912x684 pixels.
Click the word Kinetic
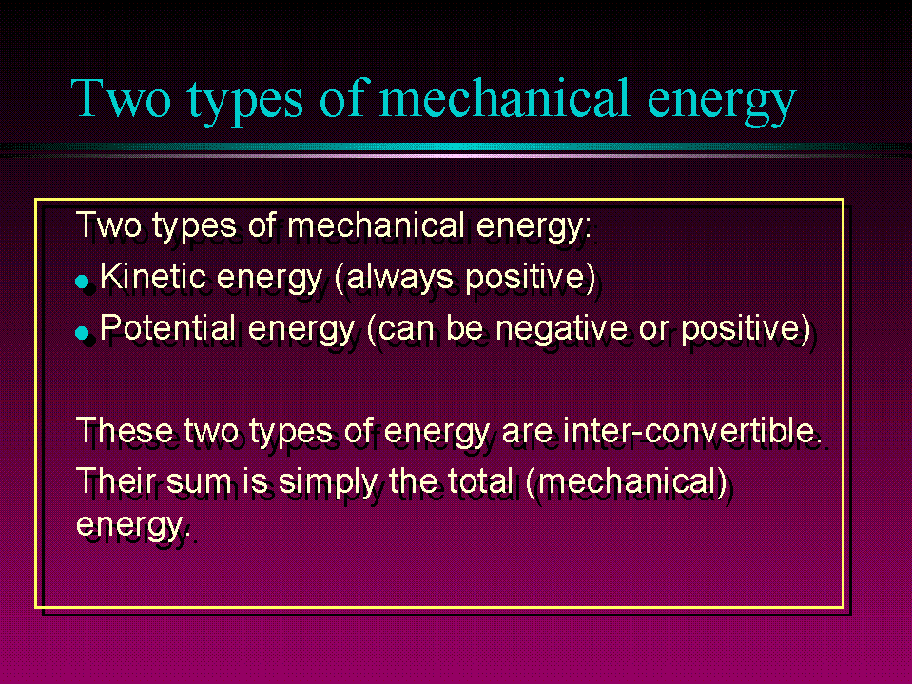[x=153, y=276]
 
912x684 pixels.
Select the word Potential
[x=167, y=327]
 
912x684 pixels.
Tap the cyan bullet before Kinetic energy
[x=82, y=283]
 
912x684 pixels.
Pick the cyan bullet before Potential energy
[x=82, y=333]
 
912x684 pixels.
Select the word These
[x=125, y=430]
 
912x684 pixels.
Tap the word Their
[x=116, y=481]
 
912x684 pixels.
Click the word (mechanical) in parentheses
[x=626, y=482]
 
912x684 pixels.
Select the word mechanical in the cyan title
[x=504, y=98]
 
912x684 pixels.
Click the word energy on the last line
[x=130, y=526]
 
